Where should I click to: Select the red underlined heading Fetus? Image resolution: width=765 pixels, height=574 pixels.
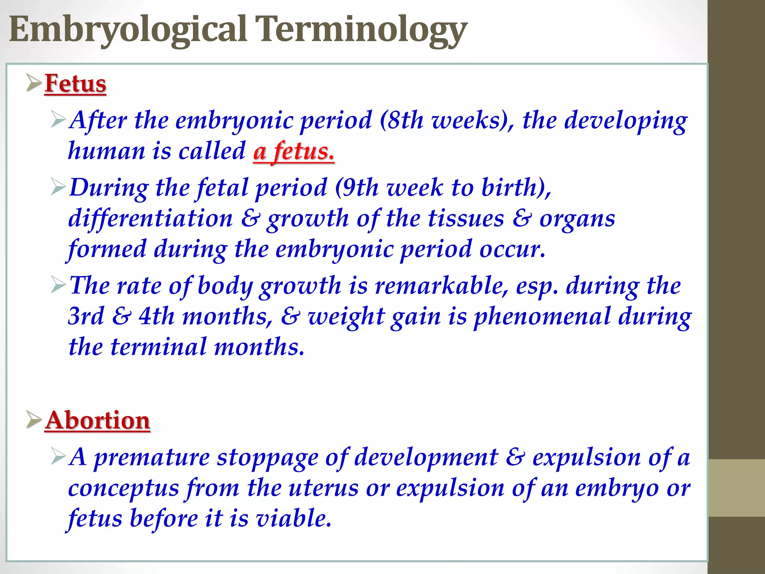[75, 84]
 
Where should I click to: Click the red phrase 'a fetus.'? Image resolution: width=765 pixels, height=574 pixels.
[294, 152]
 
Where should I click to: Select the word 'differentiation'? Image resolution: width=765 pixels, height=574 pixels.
[151, 219]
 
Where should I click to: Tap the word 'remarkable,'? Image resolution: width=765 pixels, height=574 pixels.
[441, 286]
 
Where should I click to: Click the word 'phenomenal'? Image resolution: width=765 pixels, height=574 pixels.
[542, 317]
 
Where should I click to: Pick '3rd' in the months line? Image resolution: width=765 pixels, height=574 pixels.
[86, 317]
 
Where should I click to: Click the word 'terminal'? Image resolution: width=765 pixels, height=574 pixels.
[158, 347]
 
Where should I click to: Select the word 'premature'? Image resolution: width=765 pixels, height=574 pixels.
[152, 457]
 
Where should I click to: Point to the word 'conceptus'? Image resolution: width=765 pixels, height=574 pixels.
[124, 488]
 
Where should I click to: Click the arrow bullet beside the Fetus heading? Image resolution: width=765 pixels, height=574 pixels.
[34, 83]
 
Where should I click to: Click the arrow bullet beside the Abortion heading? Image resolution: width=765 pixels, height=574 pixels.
[34, 420]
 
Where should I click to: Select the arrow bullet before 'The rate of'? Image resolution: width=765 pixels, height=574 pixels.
[58, 286]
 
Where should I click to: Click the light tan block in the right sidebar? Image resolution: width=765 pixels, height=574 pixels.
[736, 488]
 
